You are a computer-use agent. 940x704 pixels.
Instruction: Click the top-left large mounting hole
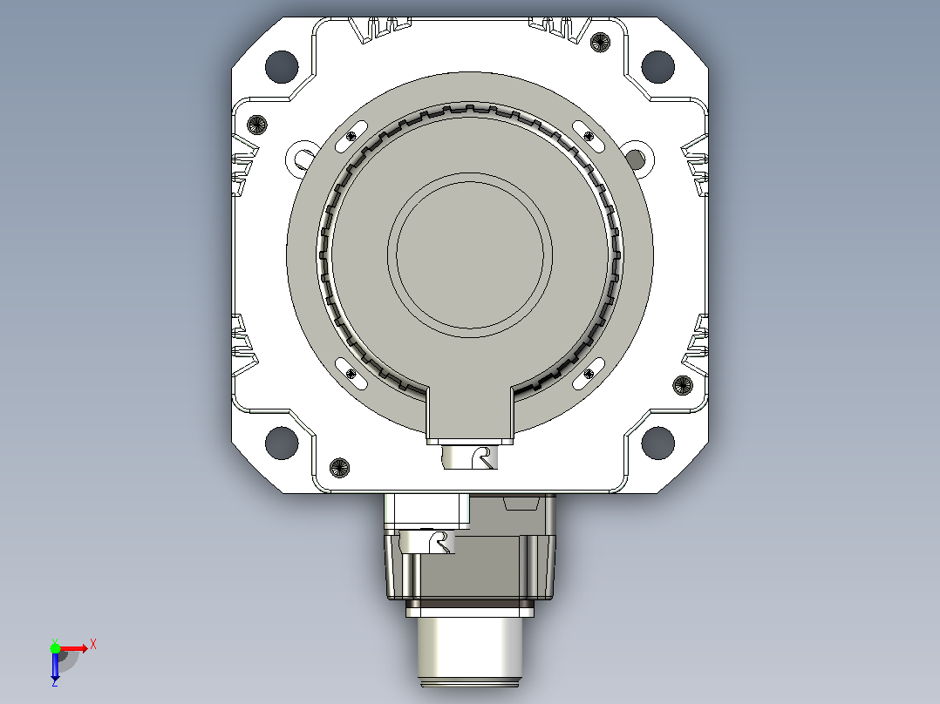tap(282, 66)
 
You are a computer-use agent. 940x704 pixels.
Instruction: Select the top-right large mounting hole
tap(657, 66)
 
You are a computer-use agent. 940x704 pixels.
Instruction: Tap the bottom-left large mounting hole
tap(282, 443)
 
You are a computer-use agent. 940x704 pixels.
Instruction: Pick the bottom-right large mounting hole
tap(657, 443)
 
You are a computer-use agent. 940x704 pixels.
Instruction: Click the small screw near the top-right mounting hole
tap(600, 42)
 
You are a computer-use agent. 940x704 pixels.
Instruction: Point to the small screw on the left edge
tap(257, 125)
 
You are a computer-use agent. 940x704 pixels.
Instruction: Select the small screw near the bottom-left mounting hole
tap(340, 467)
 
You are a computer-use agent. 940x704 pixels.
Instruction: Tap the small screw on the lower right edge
tap(683, 385)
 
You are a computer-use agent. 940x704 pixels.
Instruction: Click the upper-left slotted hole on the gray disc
tap(351, 136)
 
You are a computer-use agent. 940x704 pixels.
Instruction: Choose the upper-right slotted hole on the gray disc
tap(589, 136)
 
